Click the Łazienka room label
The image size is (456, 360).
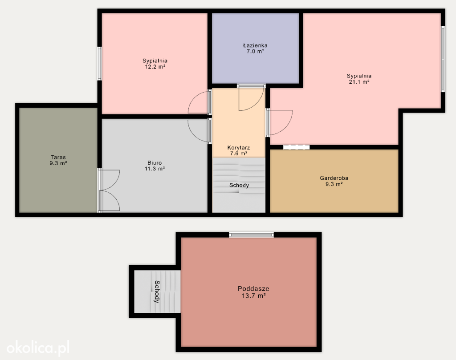pos(255,45)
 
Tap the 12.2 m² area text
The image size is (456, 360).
pos(155,67)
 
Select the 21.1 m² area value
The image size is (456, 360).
pos(359,82)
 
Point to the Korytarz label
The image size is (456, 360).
pos(239,148)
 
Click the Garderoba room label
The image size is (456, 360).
pos(334,178)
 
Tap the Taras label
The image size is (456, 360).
pos(58,158)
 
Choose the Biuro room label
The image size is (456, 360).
pos(155,163)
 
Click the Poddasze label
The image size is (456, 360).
pos(253,289)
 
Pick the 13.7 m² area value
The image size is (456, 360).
pos(253,296)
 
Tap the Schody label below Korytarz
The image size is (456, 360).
pos(239,186)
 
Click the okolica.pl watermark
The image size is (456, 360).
pos(38,348)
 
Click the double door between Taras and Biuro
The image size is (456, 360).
pos(109,190)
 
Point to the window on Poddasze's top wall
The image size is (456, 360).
pos(251,235)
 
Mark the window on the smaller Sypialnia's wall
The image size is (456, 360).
pos(99,64)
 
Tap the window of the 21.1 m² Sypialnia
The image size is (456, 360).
pos(443,59)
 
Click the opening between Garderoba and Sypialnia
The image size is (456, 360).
pos(296,147)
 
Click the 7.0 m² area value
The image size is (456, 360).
pos(255,52)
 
